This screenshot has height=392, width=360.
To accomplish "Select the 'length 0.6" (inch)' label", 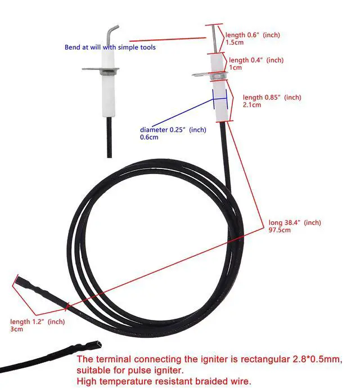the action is click(x=253, y=35).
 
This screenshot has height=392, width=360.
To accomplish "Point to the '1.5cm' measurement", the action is click(x=235, y=42).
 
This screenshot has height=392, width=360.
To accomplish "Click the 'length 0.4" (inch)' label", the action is click(x=256, y=60).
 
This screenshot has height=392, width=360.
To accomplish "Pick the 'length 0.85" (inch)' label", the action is click(x=268, y=97).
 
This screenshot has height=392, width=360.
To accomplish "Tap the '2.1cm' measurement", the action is click(x=251, y=105).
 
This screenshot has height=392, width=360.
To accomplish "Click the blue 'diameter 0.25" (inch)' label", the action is click(x=173, y=130).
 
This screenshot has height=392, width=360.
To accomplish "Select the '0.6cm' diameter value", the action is click(x=149, y=137).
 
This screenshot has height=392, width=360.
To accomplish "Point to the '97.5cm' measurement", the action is click(x=280, y=230).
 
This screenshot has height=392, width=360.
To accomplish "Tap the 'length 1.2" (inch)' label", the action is click(x=38, y=322).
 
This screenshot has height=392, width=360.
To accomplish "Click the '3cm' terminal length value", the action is click(x=16, y=329).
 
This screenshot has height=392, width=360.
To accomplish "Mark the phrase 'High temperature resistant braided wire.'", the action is click(x=164, y=382).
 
